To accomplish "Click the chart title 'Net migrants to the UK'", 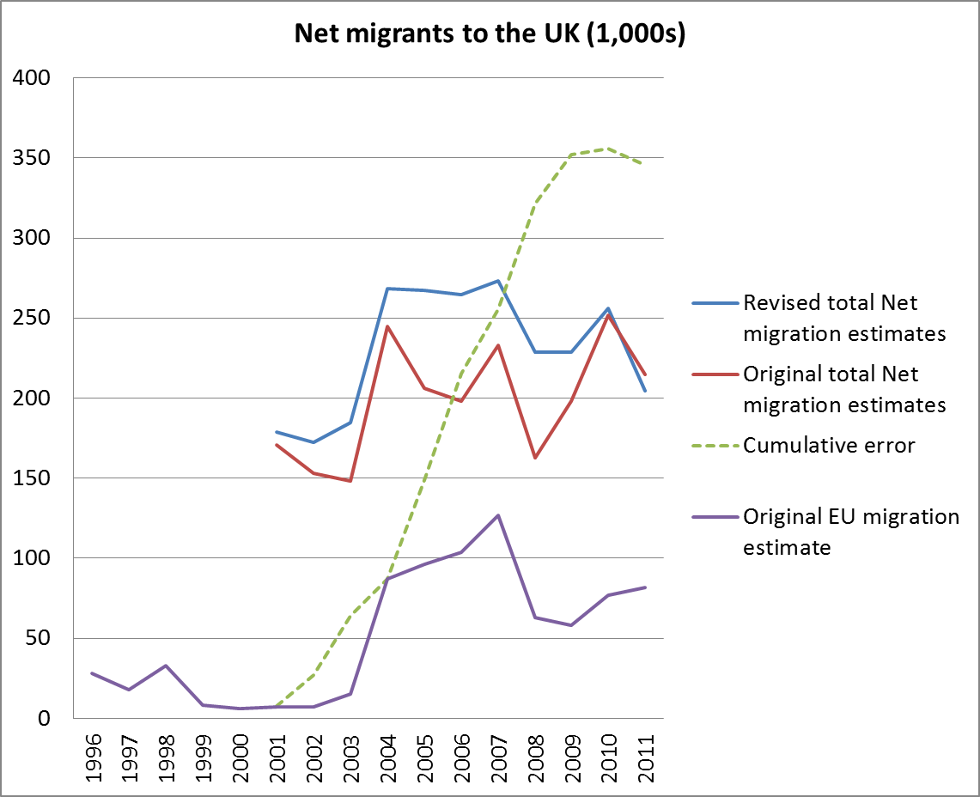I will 490,33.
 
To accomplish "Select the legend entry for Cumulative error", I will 829,445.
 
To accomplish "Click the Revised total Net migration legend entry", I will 843,318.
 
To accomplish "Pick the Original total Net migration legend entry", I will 843,389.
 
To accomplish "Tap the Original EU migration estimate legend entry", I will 850,531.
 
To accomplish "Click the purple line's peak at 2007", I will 497,515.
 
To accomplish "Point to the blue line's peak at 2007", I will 497,281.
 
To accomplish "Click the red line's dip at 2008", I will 534,458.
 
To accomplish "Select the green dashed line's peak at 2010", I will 608,149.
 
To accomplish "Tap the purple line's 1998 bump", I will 166,666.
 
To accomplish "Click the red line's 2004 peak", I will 387,326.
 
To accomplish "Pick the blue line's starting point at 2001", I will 277,432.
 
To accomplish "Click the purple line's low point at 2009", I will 571,625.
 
